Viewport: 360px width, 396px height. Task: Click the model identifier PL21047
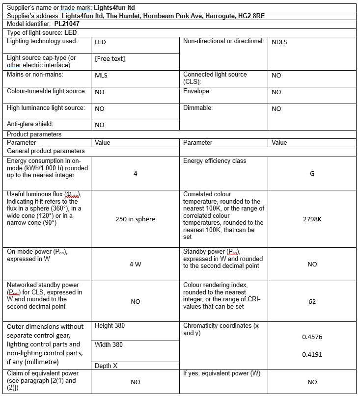pos(67,24)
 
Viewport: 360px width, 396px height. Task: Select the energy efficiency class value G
pos(312,174)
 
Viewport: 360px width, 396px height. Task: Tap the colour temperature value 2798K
pos(312,219)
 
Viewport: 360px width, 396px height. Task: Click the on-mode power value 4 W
pos(135,264)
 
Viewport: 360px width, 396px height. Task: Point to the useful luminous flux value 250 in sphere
pos(135,219)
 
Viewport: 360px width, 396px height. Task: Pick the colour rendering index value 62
pos(312,301)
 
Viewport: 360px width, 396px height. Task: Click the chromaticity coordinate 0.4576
pos(312,337)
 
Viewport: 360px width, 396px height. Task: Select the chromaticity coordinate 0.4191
pos(312,354)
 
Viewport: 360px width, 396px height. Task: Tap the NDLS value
pos(279,42)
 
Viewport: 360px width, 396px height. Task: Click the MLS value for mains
pos(101,76)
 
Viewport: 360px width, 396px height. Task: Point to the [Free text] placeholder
pos(110,59)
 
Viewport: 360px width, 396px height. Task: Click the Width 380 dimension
pos(109,344)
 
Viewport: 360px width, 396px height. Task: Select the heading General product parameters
pos(46,151)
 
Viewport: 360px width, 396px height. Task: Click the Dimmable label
pos(198,107)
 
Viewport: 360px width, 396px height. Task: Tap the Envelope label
pos(197,91)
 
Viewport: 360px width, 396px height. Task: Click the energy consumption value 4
pos(135,174)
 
